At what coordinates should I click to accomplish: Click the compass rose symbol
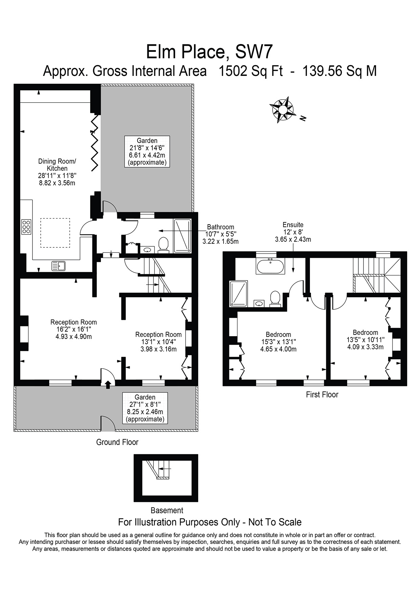[x=282, y=109]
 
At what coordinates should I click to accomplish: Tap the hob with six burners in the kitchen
[x=26, y=227]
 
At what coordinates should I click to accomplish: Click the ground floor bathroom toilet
[x=164, y=244]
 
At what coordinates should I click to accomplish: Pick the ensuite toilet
[x=275, y=299]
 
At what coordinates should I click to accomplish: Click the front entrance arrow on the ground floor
[x=108, y=385]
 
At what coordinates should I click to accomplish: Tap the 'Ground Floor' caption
[x=117, y=442]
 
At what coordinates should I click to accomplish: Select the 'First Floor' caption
[x=322, y=394]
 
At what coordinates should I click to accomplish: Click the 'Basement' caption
[x=167, y=510]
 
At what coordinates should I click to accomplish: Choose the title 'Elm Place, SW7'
[x=209, y=52]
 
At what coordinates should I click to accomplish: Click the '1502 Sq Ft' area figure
[x=251, y=71]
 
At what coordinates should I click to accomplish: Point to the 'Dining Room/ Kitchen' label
[x=57, y=165]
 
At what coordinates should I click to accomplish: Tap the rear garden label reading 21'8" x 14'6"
[x=147, y=148]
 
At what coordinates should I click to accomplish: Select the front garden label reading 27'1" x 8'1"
[x=145, y=404]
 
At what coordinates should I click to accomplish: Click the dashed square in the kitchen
[x=55, y=233]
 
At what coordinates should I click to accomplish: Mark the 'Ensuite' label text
[x=293, y=225]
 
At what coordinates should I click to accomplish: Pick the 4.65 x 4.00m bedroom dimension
[x=278, y=349]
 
